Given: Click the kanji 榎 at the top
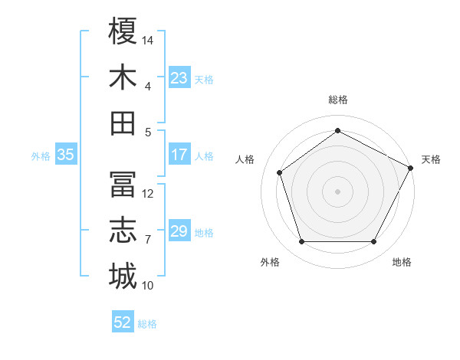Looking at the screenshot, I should [123, 32].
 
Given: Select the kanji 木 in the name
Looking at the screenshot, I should [123, 77].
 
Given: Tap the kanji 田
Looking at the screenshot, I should [123, 123].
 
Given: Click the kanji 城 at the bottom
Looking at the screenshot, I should [123, 276].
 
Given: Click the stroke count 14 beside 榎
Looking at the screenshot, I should [149, 39].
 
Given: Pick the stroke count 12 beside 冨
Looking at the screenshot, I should [149, 194].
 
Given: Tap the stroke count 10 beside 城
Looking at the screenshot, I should [149, 286].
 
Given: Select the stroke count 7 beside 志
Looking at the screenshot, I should [148, 240].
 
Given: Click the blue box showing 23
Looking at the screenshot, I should [179, 78].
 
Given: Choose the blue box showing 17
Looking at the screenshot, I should [179, 155].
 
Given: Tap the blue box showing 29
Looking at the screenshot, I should [179, 231].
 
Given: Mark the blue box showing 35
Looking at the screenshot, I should [66, 155].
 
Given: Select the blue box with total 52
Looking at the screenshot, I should [123, 322].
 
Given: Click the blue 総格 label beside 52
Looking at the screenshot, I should [148, 323].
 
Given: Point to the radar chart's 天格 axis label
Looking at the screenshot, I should [432, 159].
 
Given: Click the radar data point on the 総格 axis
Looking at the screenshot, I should [337, 131].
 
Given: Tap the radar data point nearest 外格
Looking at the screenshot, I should [301, 242].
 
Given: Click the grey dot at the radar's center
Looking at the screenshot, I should [337, 191].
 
